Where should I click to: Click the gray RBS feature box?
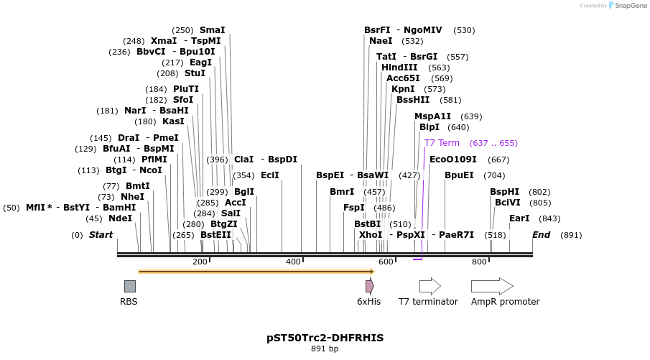(129, 286)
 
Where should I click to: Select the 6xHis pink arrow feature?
(369, 286)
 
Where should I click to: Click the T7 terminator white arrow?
(430, 286)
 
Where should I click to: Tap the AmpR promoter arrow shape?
(492, 286)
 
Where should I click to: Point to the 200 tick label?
(200, 262)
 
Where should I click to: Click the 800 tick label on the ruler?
(479, 262)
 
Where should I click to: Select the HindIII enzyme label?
(399, 68)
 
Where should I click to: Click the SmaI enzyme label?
(212, 30)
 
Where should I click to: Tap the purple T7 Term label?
(442, 143)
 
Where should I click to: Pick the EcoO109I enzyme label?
(452, 160)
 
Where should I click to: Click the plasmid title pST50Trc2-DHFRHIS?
(325, 338)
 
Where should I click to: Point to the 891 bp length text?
(325, 349)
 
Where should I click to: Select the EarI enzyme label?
(519, 218)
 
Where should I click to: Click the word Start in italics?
(101, 235)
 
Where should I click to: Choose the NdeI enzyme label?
(120, 218)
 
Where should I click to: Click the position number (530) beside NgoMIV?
(464, 30)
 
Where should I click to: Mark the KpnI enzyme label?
(403, 89)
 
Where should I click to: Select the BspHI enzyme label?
(504, 192)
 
